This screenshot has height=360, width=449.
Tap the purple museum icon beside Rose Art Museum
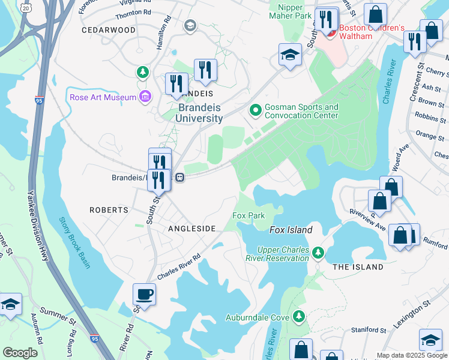[145, 97]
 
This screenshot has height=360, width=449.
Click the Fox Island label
[291, 230]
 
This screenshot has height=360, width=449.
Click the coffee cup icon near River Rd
[144, 295]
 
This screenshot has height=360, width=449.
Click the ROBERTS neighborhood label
[109, 210]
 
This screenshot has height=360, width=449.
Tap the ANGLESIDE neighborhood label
[191, 229]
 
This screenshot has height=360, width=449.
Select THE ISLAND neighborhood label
[358, 266]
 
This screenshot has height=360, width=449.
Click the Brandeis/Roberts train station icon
[179, 178]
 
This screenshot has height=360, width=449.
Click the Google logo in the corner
[20, 352]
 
